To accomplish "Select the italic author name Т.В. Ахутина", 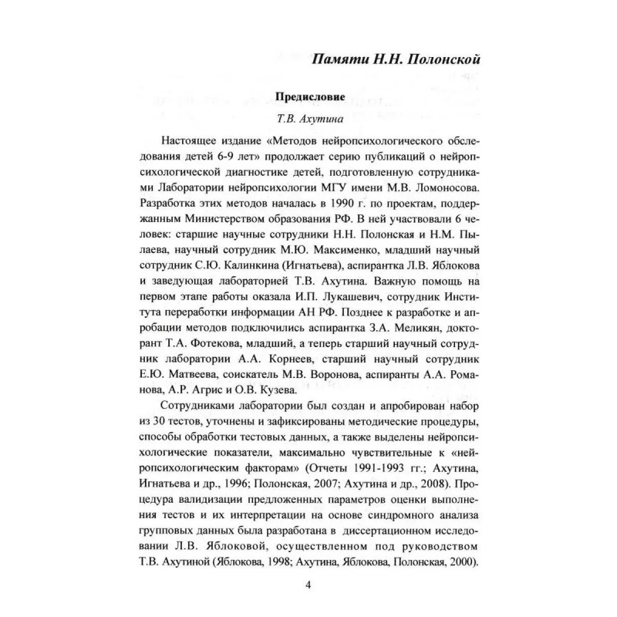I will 308,121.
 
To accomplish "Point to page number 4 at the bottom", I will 308,583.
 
